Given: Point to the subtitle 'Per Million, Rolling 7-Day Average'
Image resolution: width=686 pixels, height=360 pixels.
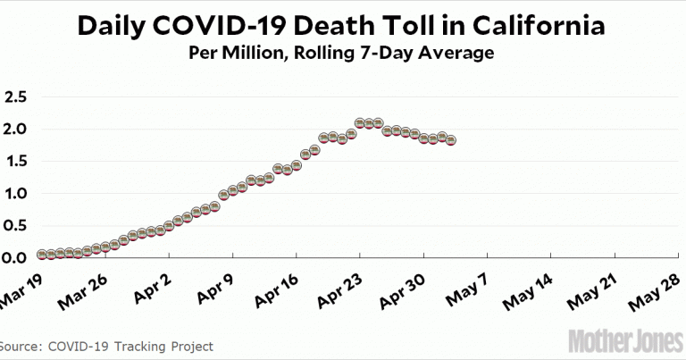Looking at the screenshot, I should point(341,54).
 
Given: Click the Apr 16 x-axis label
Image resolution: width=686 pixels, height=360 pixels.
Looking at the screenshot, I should point(279,288).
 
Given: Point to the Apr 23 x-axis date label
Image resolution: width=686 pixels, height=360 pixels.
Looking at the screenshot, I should point(342,288).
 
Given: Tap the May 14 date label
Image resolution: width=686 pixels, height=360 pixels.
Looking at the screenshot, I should point(532,288).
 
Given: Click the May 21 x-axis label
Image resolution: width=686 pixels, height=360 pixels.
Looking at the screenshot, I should point(596,288).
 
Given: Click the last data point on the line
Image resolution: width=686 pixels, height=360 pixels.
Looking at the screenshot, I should point(451,140).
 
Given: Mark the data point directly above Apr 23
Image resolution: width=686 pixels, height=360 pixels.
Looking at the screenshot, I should point(360,122).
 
